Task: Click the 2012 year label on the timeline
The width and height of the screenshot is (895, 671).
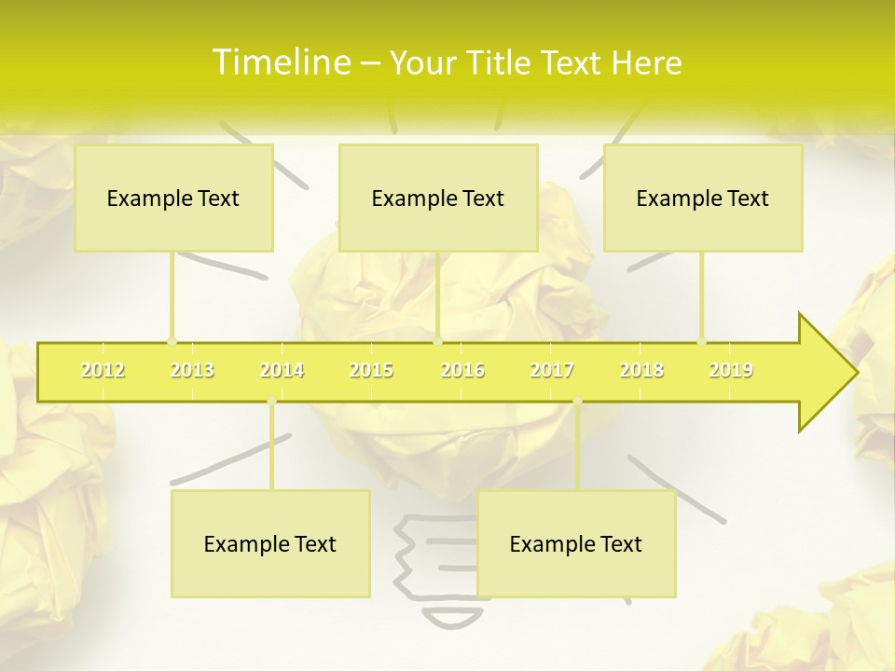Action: (103, 370)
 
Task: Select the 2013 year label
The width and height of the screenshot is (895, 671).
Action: (192, 370)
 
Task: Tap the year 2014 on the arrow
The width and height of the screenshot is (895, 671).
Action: (282, 370)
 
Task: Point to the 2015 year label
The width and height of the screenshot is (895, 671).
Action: (371, 370)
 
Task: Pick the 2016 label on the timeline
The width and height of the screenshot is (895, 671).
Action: (462, 370)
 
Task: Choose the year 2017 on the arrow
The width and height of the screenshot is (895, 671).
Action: (552, 370)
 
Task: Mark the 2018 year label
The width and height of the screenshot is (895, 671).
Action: (641, 370)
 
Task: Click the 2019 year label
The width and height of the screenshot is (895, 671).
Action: (731, 370)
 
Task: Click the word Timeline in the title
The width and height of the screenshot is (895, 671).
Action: (280, 62)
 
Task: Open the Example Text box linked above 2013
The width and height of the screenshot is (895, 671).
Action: (173, 198)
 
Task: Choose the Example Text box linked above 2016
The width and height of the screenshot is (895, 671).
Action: (438, 198)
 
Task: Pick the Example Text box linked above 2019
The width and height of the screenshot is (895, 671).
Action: (703, 198)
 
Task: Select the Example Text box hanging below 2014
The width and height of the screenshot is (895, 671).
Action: (270, 544)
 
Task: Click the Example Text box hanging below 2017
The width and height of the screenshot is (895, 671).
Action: (576, 544)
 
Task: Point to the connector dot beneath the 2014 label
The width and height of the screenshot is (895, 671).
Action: (271, 402)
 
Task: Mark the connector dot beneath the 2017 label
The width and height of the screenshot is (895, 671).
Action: (577, 402)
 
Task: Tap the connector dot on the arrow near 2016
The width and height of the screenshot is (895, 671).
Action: (438, 342)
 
